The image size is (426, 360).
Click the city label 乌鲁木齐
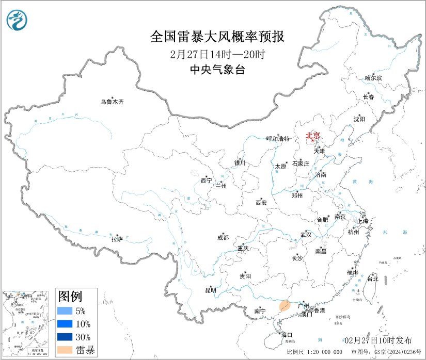pyautogui.click(x=112, y=102)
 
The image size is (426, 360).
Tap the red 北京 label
pyautogui.click(x=313, y=136)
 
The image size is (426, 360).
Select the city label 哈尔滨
pyautogui.click(x=373, y=78)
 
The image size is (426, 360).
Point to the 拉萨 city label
pyautogui.click(x=117, y=239)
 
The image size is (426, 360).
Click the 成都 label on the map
pyautogui.click(x=223, y=238)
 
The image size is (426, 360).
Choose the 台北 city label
pyautogui.click(x=372, y=279)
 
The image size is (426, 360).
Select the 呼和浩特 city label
pyautogui.click(x=278, y=139)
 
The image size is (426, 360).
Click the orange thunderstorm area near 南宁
pyautogui.click(x=284, y=307)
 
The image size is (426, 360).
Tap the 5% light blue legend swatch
pyautogui.click(x=65, y=311)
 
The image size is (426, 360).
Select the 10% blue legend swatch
pyautogui.click(x=65, y=324)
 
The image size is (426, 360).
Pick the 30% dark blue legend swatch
pyautogui.click(x=65, y=337)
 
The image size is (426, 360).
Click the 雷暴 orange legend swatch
pyautogui.click(x=65, y=350)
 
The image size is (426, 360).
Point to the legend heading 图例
pyautogui.click(x=70, y=297)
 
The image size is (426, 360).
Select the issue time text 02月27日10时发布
pyautogui.click(x=378, y=340)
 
